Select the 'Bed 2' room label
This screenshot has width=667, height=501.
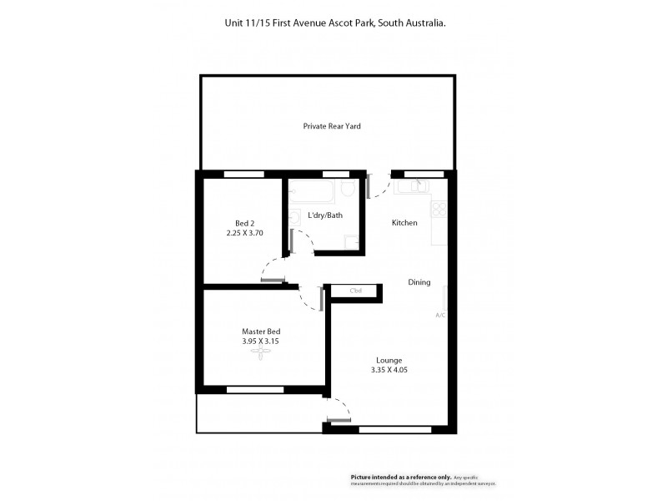[x=244, y=223]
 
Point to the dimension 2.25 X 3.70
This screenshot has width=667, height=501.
[x=244, y=234]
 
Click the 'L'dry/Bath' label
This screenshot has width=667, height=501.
[x=325, y=215]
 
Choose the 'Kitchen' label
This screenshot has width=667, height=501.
[x=404, y=223]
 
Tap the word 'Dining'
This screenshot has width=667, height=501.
[x=419, y=282]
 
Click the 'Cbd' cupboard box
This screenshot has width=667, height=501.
[x=355, y=291]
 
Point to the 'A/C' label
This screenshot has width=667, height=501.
[x=440, y=315]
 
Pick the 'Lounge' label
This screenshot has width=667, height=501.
[x=389, y=361]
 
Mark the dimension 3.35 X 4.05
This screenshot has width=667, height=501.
[x=389, y=371]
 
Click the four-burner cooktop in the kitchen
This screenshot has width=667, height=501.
[x=439, y=209]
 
